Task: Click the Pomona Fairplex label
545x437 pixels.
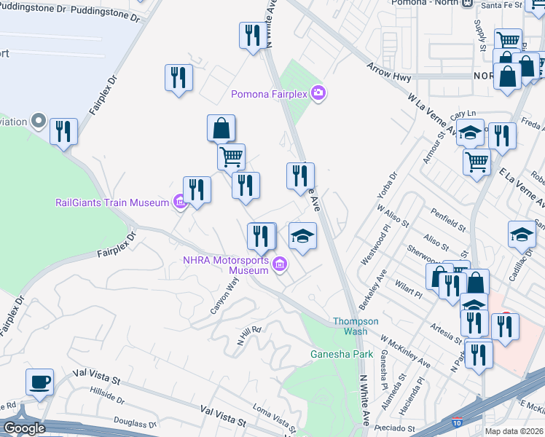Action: [x=269, y=93]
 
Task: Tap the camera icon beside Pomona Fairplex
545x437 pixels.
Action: [x=318, y=93]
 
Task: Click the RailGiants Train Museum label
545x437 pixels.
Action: [x=112, y=202]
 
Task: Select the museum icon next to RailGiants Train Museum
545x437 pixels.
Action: [x=179, y=202]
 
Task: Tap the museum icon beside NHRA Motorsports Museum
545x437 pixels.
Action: [x=279, y=266]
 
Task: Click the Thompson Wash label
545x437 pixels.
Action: [x=356, y=326]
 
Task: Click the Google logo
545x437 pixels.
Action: [x=23, y=428]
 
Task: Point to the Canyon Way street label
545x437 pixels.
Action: [x=224, y=294]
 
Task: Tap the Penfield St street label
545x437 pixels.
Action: [x=447, y=222]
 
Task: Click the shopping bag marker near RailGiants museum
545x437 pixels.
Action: [x=221, y=129]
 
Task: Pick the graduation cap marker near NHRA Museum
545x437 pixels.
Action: [x=302, y=236]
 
